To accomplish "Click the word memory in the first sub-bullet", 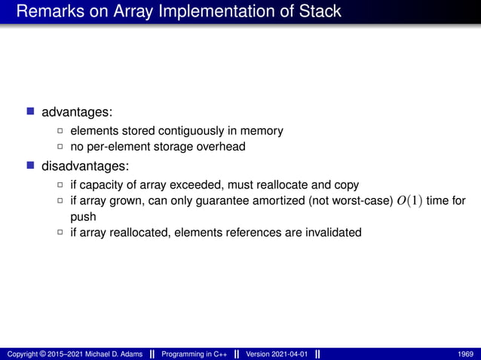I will coord(262,131).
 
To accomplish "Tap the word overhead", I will coord(220,147).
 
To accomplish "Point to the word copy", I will coord(345,185).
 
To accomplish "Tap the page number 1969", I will coord(465,354).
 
